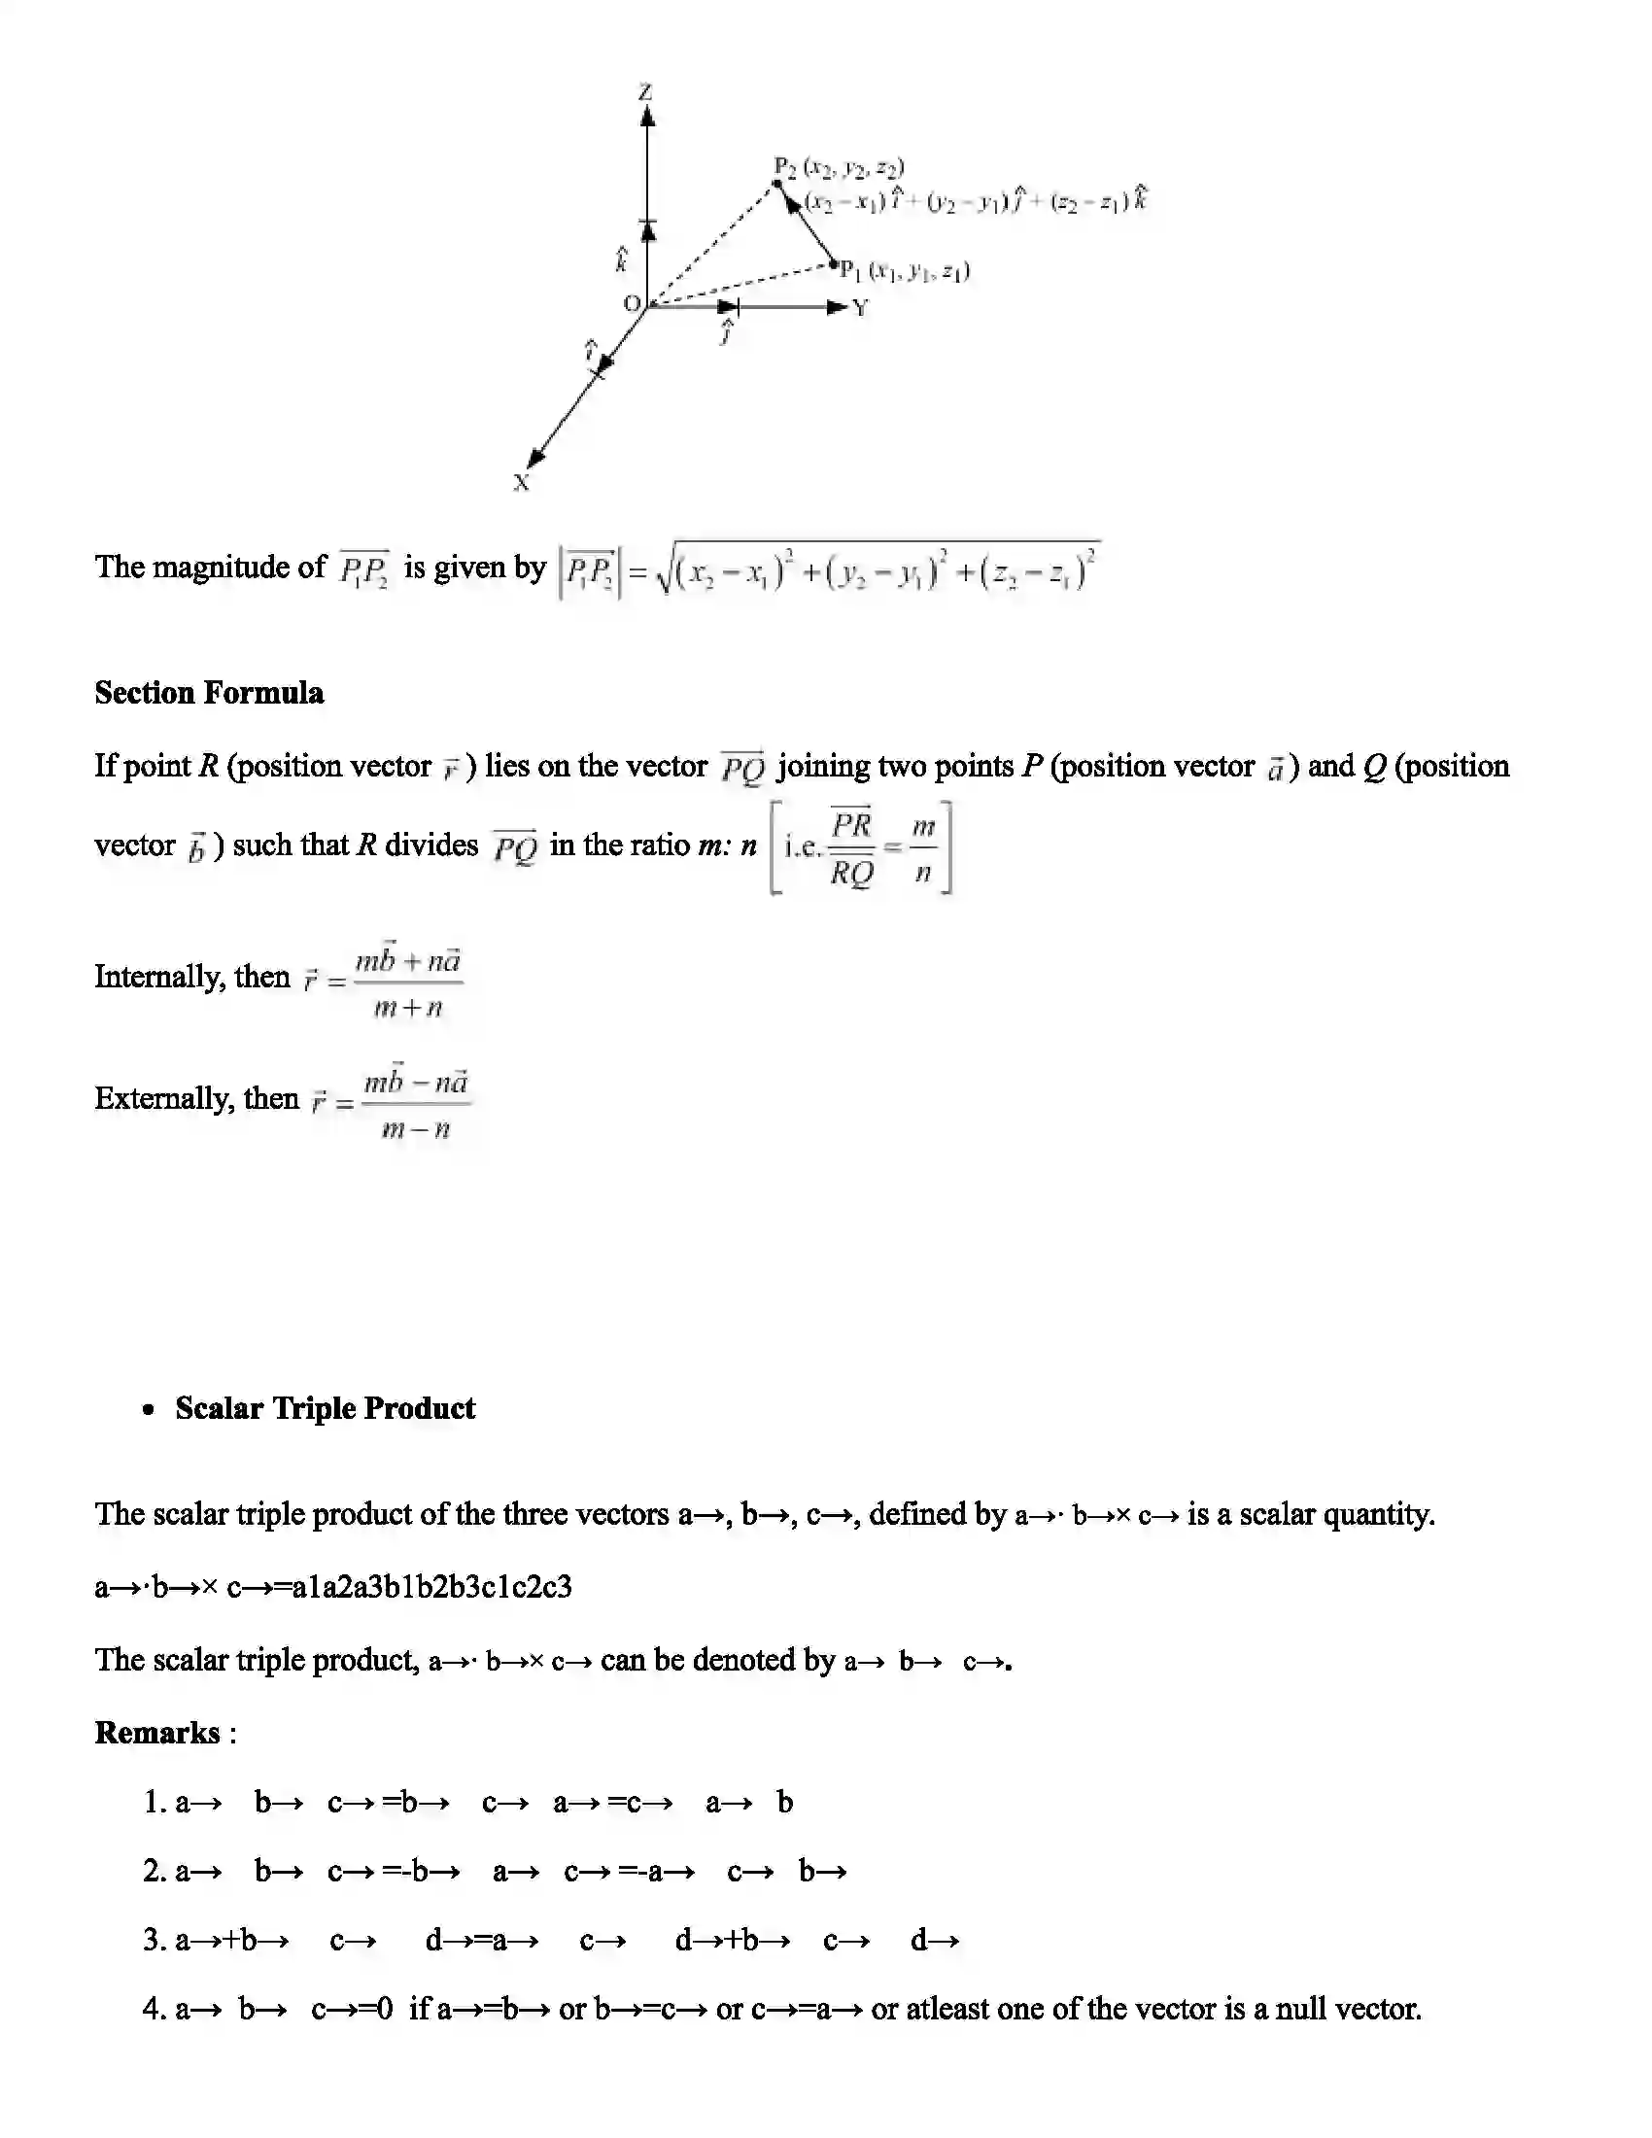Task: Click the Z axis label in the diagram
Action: click(x=645, y=93)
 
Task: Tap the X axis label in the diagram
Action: click(x=522, y=483)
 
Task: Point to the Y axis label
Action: click(x=860, y=308)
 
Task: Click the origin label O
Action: click(x=633, y=303)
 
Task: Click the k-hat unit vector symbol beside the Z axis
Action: click(x=621, y=260)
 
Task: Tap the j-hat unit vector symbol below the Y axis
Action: click(x=726, y=332)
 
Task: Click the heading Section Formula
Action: click(x=209, y=693)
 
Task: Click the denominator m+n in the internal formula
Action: click(x=408, y=1008)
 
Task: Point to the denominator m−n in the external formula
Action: click(x=416, y=1129)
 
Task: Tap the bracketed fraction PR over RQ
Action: click(x=851, y=847)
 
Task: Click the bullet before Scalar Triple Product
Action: click(x=149, y=1410)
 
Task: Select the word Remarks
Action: click(x=156, y=1733)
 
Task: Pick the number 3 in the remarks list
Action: click(x=153, y=1941)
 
